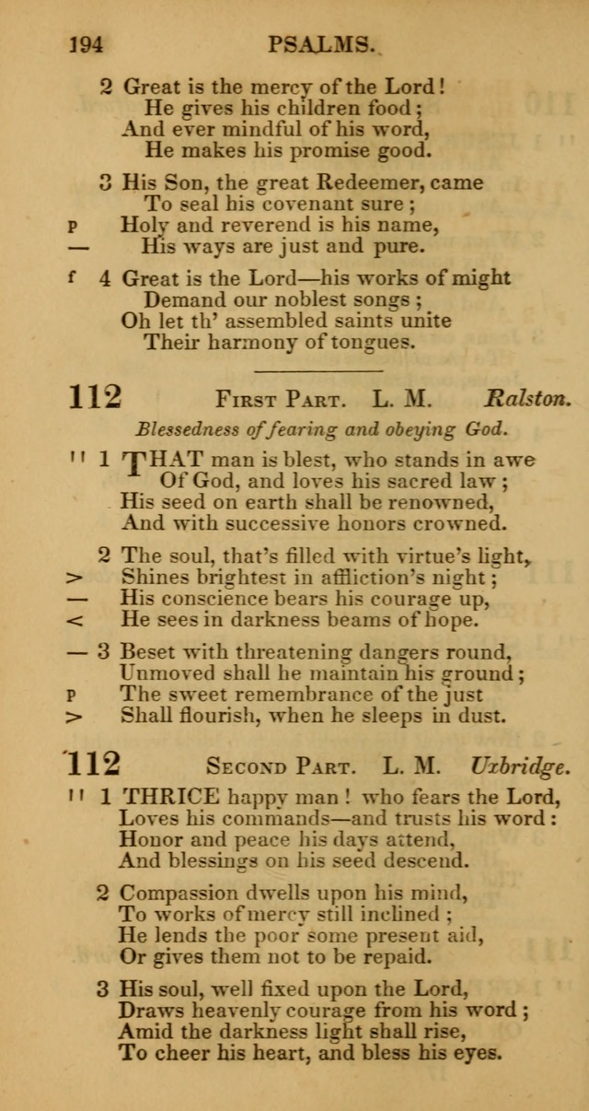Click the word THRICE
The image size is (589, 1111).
pos(170,795)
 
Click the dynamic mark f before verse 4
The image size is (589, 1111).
pos(72,276)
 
